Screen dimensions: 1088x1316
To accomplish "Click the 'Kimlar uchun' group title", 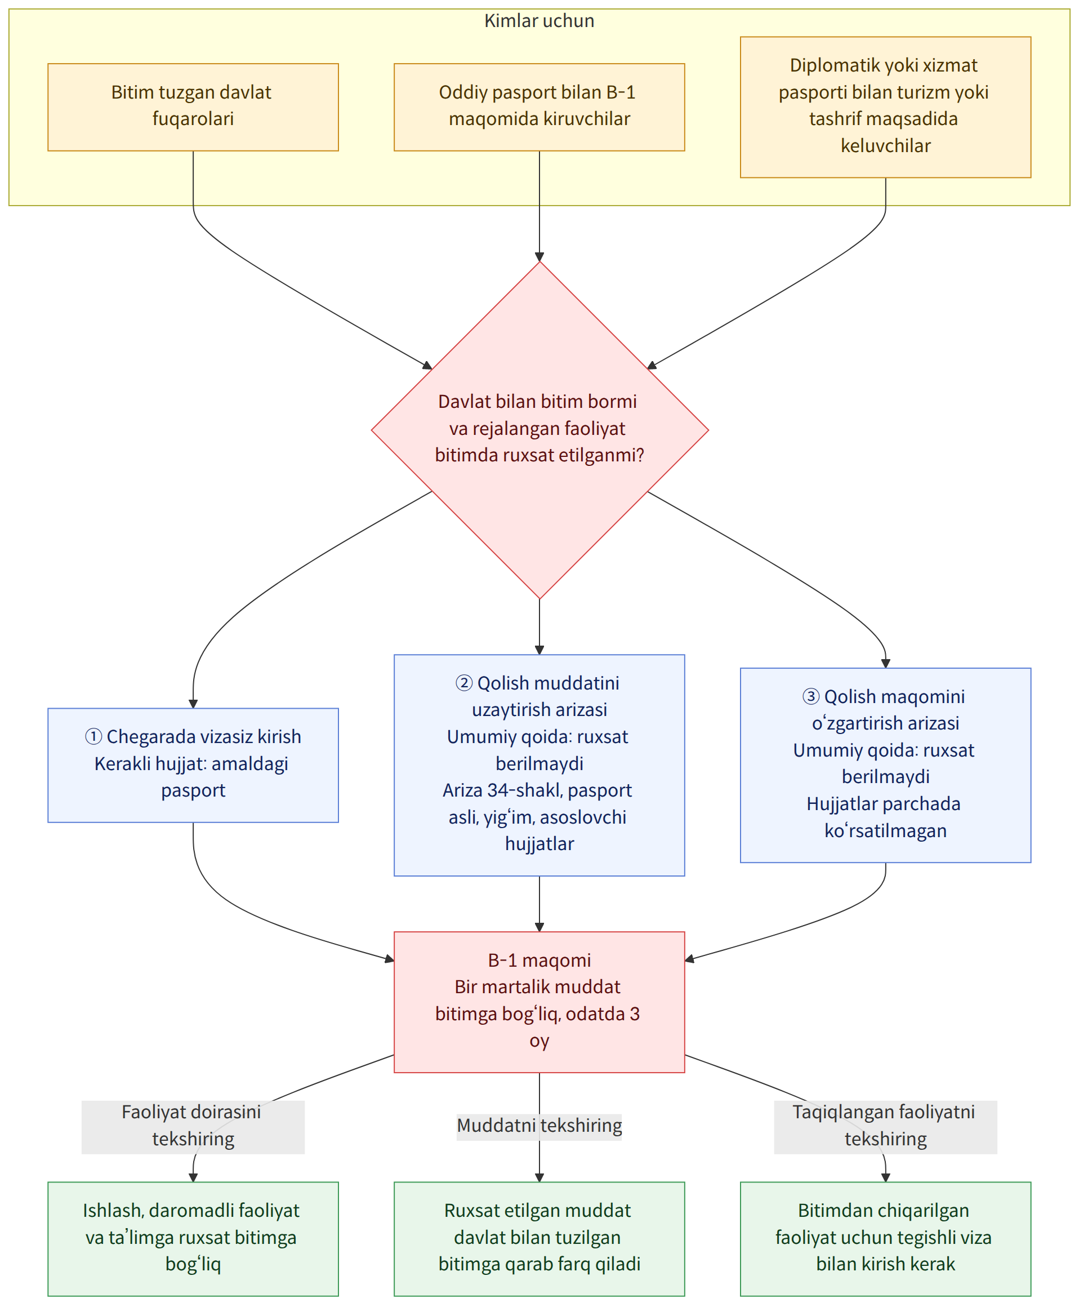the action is click(x=539, y=21).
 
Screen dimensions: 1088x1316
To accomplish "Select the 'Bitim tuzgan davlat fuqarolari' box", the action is click(x=193, y=107).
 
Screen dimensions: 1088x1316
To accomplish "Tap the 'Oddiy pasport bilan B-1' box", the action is click(x=539, y=107).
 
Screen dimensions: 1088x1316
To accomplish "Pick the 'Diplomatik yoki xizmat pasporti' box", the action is click(x=885, y=107).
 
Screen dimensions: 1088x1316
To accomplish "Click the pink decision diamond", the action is click(x=539, y=430).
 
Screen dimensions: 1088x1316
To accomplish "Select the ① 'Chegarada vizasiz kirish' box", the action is click(x=193, y=765).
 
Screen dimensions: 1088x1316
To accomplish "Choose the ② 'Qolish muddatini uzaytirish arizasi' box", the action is click(x=539, y=765).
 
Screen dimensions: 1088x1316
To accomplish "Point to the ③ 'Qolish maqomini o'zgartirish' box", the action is click(x=885, y=765).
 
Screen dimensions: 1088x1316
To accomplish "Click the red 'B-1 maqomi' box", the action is click(x=539, y=1002).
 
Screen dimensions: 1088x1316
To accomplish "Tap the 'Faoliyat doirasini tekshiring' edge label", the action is click(x=193, y=1127).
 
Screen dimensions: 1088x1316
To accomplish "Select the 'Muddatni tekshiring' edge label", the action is click(x=539, y=1127).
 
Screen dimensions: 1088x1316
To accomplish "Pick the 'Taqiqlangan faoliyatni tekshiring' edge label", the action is click(x=885, y=1127).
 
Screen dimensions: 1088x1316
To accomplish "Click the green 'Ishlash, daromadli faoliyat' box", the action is click(x=193, y=1239).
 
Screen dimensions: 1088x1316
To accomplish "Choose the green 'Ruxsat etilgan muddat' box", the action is click(x=539, y=1239).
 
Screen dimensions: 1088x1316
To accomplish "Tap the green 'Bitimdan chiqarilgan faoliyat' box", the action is click(x=885, y=1239).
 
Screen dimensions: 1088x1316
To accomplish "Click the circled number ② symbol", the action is click(x=463, y=683).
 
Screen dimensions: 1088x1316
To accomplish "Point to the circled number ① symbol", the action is click(x=93, y=736).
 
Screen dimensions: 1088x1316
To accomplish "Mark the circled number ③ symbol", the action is click(x=810, y=696).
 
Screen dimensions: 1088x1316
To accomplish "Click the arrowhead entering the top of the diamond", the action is click(x=539, y=257).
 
